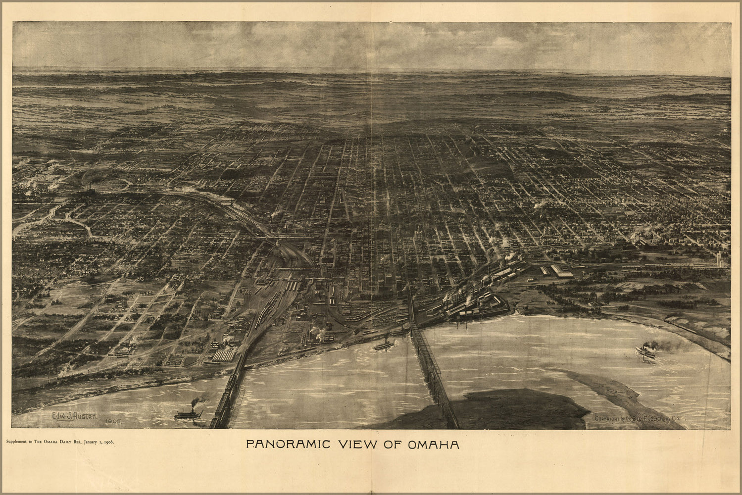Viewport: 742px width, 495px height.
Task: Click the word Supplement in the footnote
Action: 17,441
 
